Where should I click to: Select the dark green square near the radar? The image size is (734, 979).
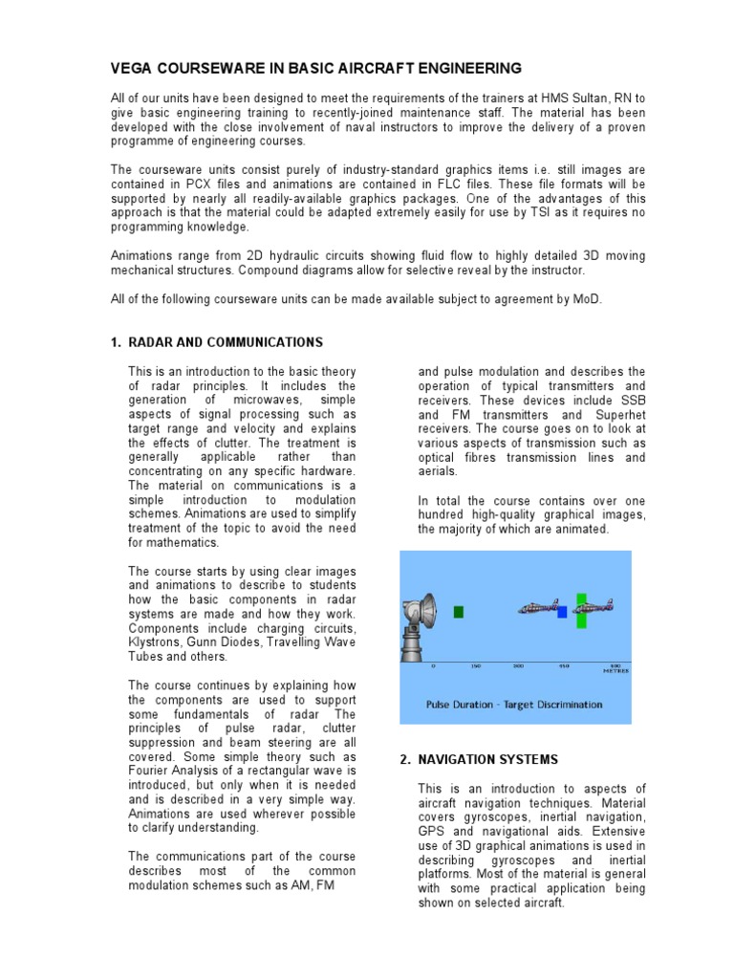click(459, 611)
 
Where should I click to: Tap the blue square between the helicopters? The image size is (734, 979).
click(563, 611)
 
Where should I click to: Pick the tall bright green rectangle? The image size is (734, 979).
click(582, 609)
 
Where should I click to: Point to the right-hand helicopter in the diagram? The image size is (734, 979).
click(595, 605)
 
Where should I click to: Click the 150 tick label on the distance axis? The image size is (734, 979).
click(475, 665)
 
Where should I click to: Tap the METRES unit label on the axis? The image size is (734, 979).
click(615, 671)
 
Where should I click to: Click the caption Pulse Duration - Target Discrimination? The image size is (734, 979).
click(514, 705)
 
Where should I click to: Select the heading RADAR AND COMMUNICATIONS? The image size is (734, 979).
click(226, 342)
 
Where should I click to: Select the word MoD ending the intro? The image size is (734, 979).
click(589, 299)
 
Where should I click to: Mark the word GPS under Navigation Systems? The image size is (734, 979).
click(432, 831)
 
